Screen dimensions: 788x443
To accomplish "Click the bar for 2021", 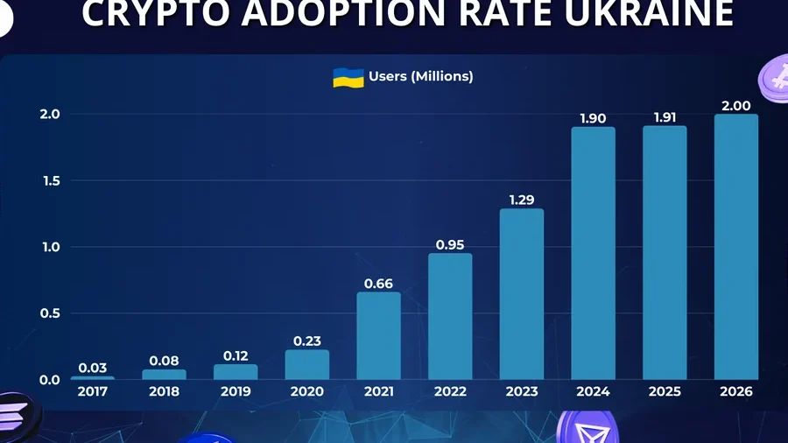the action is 378,335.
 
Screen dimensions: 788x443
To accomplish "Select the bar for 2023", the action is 522,294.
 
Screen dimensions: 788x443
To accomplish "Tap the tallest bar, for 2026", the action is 736,247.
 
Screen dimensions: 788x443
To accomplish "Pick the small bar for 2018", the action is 165,375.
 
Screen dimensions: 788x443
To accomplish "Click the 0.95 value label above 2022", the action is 450,245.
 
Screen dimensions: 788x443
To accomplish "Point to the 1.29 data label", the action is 522,200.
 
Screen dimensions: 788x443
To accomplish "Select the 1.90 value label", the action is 593,118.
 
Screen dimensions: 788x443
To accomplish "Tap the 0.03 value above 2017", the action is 93,369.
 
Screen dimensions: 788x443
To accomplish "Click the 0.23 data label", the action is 307,341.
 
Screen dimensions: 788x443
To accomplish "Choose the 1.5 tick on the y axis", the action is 52,181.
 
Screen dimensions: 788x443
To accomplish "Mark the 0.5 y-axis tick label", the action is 50,313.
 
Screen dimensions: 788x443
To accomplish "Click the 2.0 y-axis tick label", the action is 50,115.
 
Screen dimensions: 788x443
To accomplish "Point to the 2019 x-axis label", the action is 236,391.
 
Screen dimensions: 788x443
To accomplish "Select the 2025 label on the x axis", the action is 665,391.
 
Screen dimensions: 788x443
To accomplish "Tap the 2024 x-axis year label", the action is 593,391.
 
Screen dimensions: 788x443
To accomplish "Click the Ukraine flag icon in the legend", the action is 348,78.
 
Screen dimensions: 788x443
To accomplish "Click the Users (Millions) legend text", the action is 421,76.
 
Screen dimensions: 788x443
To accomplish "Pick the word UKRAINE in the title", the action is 649,13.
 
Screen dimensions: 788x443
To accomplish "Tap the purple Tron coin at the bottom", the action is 587,428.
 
